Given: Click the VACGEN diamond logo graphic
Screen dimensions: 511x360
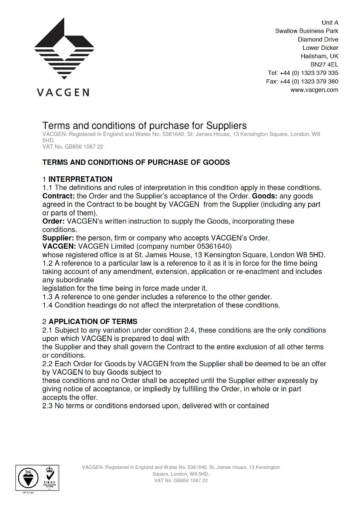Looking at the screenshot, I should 64,49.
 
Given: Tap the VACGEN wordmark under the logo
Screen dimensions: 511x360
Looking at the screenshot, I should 63,92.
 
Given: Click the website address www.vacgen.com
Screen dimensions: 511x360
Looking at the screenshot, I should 314,90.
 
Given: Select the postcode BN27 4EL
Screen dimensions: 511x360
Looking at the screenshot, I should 324,65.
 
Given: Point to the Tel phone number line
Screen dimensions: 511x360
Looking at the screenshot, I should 303,73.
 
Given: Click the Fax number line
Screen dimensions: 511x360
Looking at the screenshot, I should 302,81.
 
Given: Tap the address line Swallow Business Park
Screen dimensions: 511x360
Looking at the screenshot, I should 306,31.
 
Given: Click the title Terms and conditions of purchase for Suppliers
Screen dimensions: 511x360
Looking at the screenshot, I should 144,126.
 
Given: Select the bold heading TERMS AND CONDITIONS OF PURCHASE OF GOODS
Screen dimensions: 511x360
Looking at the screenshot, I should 136,162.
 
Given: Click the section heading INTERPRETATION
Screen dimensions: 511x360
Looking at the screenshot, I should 80,179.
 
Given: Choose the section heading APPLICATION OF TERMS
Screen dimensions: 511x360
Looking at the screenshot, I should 93,322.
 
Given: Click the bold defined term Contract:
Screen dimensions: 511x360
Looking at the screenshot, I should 58,196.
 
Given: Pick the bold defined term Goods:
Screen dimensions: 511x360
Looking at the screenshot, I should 265,196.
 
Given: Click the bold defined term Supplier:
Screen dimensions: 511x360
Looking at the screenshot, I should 58,238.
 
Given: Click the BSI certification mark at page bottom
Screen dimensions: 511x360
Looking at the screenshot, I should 28,478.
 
